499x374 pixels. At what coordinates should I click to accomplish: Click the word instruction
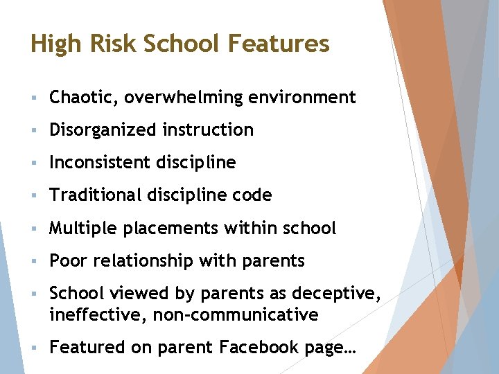(208, 130)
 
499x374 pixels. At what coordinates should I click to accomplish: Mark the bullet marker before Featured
(34, 348)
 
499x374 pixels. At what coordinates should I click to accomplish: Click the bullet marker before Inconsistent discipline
(34, 163)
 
